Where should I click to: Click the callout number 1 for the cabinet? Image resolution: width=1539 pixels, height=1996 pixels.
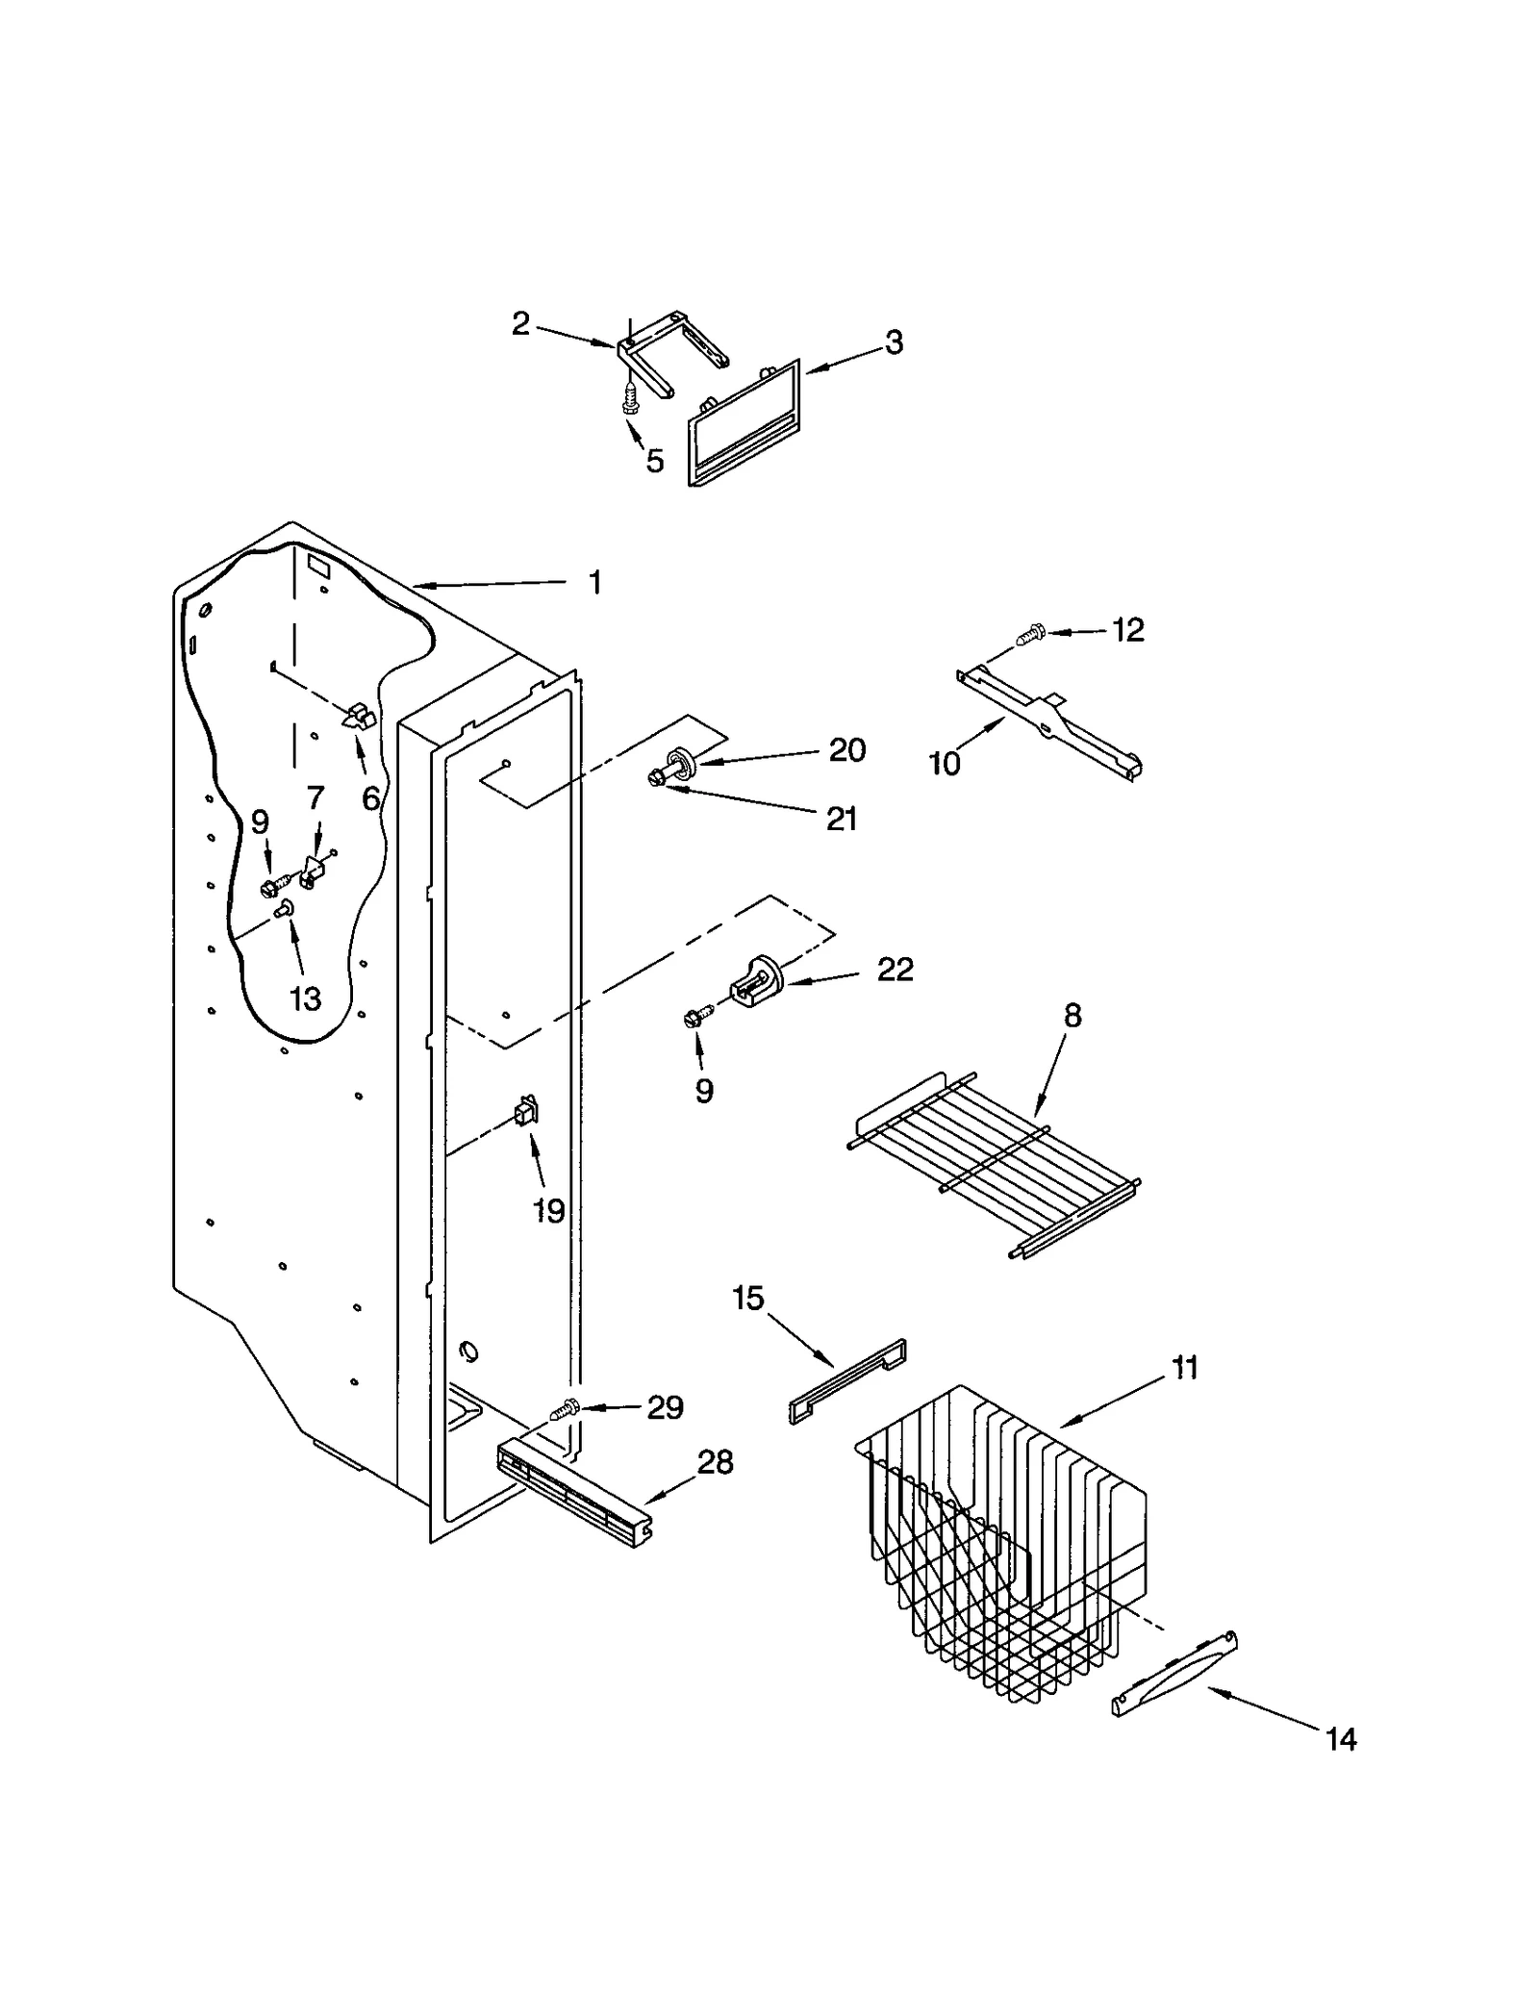tap(595, 583)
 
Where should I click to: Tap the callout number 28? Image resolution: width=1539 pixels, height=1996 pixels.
tap(715, 1462)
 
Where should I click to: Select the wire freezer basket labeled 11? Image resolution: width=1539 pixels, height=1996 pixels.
tap(1000, 1549)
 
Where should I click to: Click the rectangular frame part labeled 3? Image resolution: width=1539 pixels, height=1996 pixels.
tap(744, 424)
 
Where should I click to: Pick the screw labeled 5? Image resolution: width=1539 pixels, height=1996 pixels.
tap(631, 396)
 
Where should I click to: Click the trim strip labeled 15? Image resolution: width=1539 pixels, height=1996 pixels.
tap(846, 1381)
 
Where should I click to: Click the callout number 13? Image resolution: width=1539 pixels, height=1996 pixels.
tap(305, 998)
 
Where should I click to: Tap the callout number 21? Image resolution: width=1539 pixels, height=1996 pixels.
tap(842, 819)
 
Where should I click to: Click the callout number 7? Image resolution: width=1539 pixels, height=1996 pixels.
tap(315, 797)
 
